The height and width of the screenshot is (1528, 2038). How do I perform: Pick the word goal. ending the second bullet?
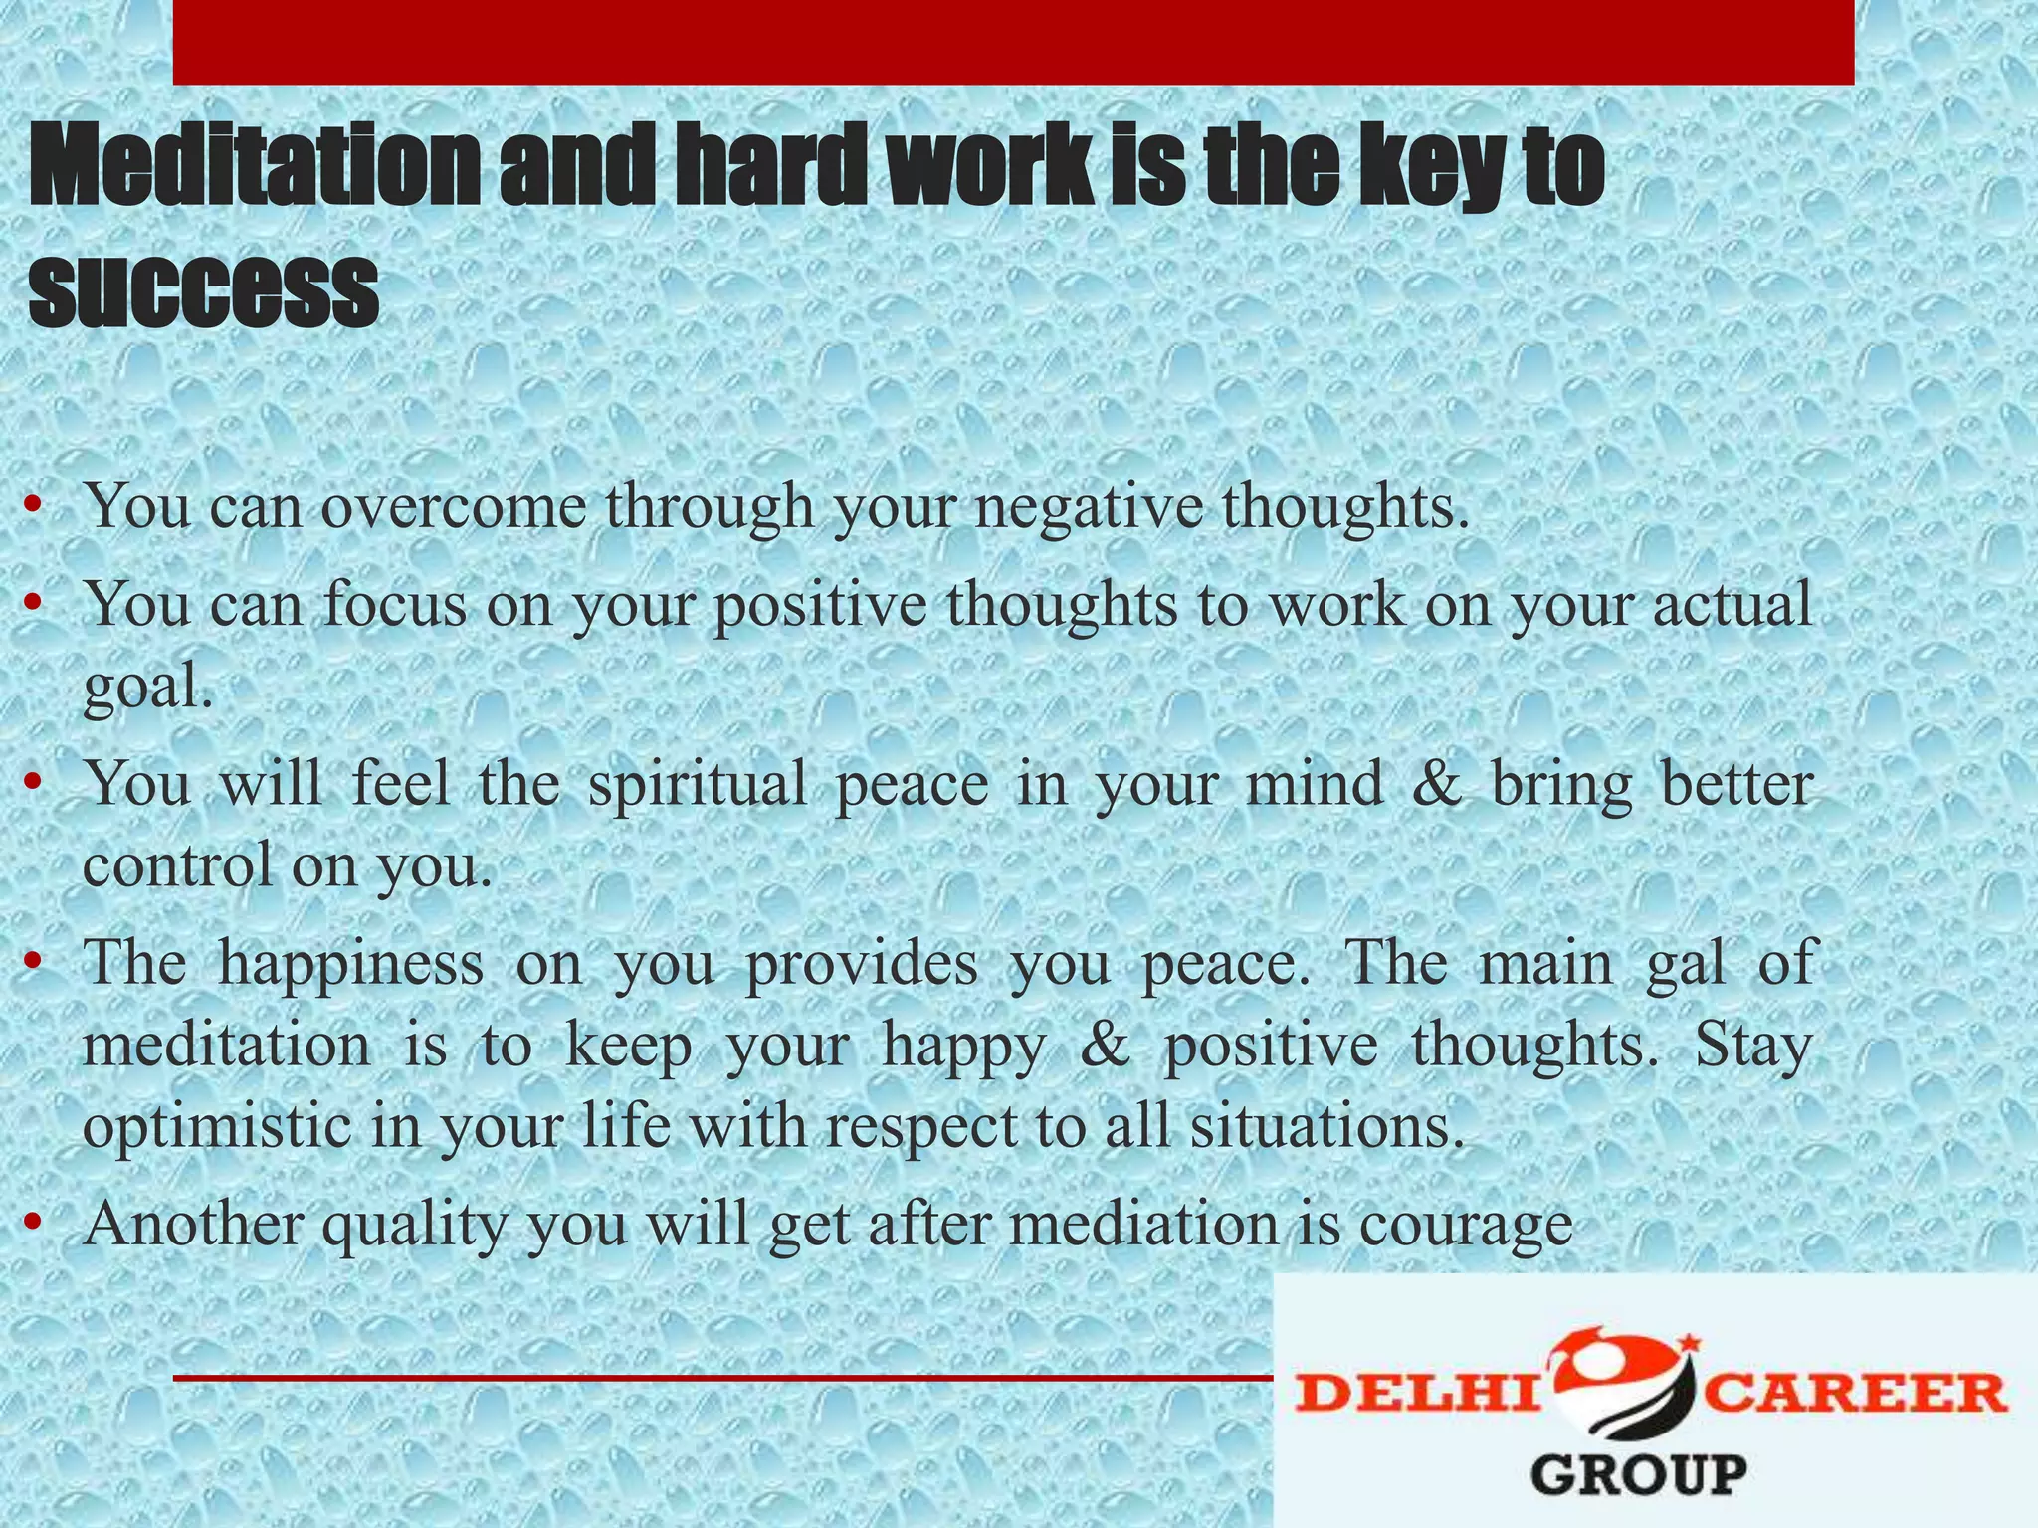(x=148, y=686)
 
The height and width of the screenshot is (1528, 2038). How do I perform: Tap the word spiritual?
(x=698, y=783)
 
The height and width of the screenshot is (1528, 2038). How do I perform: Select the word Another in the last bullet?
(x=194, y=1224)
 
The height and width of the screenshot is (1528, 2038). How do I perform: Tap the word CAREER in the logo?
(x=1857, y=1393)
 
